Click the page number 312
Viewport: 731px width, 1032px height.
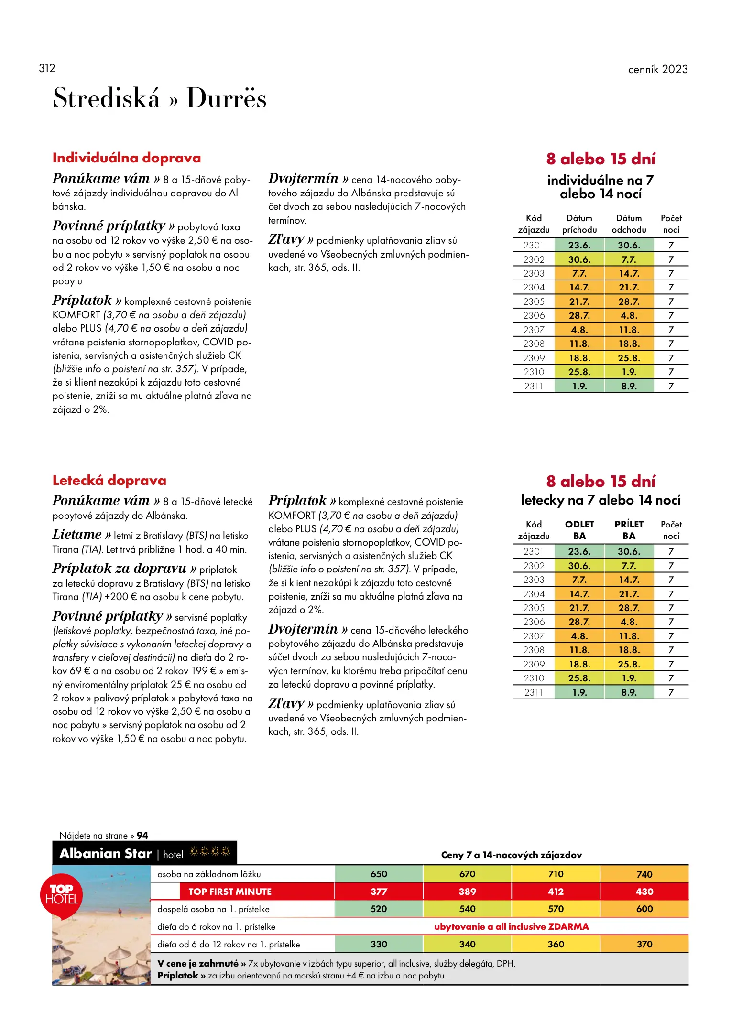(x=47, y=68)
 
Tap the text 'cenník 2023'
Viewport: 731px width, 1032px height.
(x=657, y=69)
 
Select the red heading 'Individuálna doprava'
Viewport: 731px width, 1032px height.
(x=127, y=158)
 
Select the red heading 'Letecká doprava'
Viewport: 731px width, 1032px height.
(x=109, y=480)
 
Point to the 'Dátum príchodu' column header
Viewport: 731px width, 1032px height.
(x=579, y=224)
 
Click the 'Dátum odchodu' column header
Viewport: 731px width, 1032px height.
(x=629, y=224)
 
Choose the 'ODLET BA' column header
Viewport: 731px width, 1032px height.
(x=579, y=530)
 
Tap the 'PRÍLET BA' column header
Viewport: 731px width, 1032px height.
(x=629, y=530)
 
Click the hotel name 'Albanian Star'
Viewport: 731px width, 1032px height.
(x=106, y=853)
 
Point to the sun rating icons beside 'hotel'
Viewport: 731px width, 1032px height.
(x=210, y=851)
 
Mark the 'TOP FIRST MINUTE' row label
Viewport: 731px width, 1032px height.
(x=230, y=892)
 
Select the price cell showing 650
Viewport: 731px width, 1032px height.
(x=379, y=874)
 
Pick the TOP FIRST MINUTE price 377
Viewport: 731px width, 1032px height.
(x=379, y=892)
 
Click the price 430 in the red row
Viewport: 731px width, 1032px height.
(x=644, y=892)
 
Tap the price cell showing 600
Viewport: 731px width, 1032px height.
(x=644, y=909)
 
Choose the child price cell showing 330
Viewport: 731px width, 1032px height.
(x=379, y=944)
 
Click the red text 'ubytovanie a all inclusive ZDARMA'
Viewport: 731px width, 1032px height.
(x=511, y=926)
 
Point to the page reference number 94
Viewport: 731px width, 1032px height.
(x=142, y=835)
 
